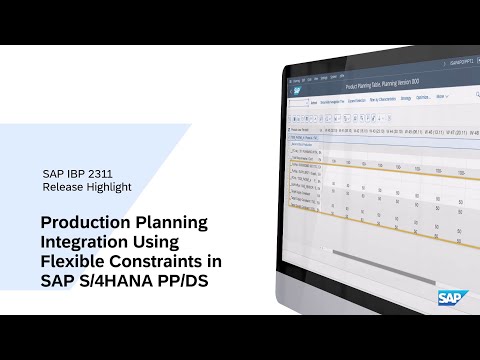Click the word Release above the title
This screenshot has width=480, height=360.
pyautogui.click(x=64, y=186)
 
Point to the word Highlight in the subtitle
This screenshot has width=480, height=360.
pyautogui.click(x=109, y=186)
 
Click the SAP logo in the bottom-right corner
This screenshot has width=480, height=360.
pyautogui.click(x=449, y=297)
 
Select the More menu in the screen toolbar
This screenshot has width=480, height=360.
pyautogui.click(x=440, y=97)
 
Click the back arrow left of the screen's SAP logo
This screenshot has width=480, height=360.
pyautogui.click(x=291, y=91)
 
